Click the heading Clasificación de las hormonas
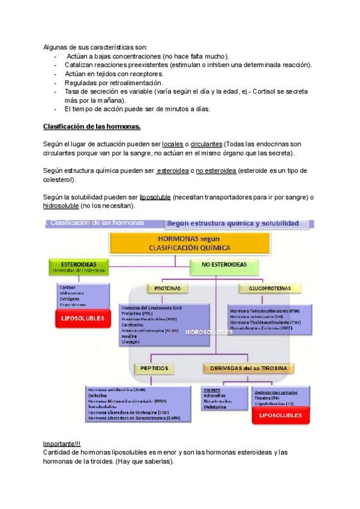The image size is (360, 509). click(92, 127)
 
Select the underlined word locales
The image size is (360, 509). click(173, 145)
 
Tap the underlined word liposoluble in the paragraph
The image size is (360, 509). click(155, 197)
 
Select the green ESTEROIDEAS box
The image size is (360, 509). click(80, 267)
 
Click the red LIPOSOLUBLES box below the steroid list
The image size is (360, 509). click(83, 318)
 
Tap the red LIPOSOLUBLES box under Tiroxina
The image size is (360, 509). click(280, 415)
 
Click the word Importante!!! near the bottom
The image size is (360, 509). click(60, 443)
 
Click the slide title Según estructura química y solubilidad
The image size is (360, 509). click(232, 223)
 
